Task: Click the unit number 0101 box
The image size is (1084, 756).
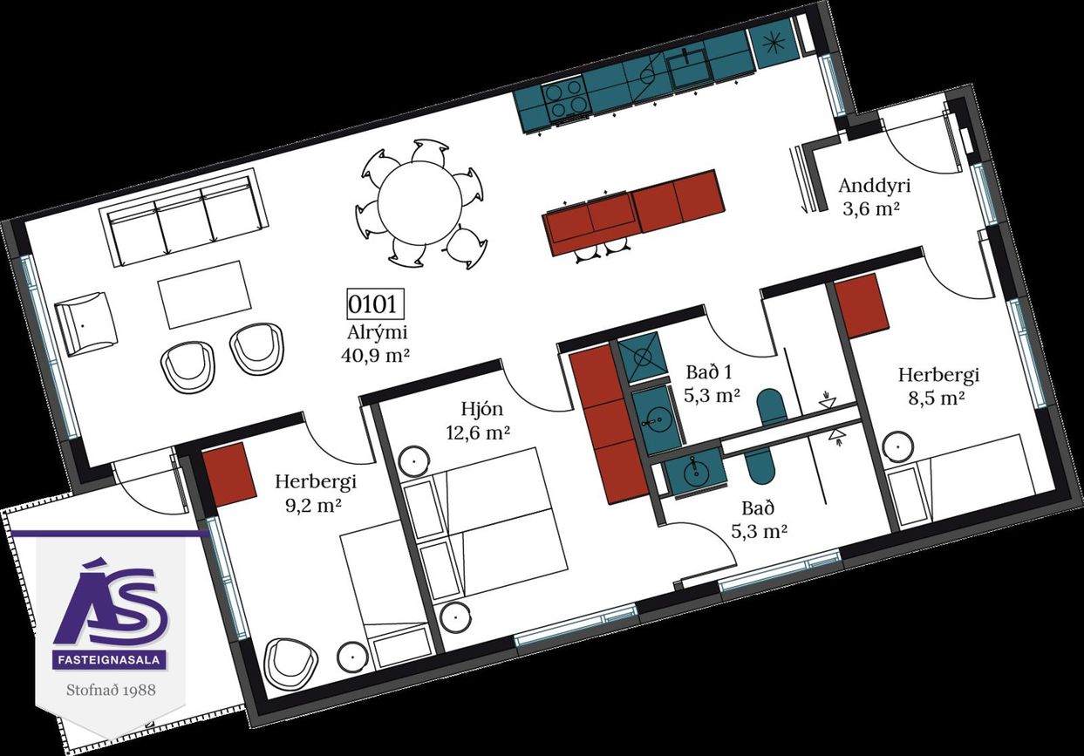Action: (x=376, y=304)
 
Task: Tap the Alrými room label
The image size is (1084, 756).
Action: (x=378, y=332)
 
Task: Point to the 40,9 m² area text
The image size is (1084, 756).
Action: (x=376, y=356)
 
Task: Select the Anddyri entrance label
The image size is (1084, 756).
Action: (x=875, y=186)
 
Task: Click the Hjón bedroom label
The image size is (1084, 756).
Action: (x=482, y=410)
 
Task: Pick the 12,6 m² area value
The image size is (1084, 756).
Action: (x=478, y=432)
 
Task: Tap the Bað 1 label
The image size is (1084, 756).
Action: (x=709, y=372)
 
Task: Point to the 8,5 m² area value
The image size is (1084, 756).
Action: (x=937, y=398)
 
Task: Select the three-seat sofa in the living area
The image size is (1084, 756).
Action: (x=184, y=218)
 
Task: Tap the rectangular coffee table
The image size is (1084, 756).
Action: (x=204, y=295)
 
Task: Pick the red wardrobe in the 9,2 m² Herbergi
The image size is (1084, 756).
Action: (x=228, y=474)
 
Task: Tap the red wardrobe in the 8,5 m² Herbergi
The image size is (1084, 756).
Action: (x=862, y=306)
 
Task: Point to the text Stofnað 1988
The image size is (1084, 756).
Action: (x=112, y=690)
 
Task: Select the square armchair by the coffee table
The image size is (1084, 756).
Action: (x=86, y=324)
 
